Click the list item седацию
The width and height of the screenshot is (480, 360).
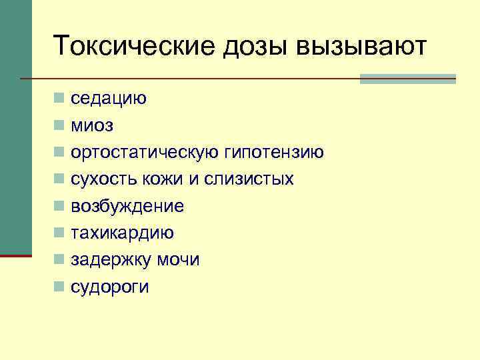click(109, 99)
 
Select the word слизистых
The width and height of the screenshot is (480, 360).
click(254, 179)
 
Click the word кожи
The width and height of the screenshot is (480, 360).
click(159, 179)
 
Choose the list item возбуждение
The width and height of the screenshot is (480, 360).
click(127, 207)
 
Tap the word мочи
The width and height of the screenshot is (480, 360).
click(178, 260)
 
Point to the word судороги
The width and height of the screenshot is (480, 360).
click(110, 287)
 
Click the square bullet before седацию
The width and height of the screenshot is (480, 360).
click(59, 99)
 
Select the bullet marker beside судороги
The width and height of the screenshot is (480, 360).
click(59, 287)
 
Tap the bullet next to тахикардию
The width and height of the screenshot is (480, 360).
click(59, 233)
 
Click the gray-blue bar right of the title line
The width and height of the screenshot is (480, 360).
click(407, 79)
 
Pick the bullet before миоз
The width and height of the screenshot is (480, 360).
click(59, 125)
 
